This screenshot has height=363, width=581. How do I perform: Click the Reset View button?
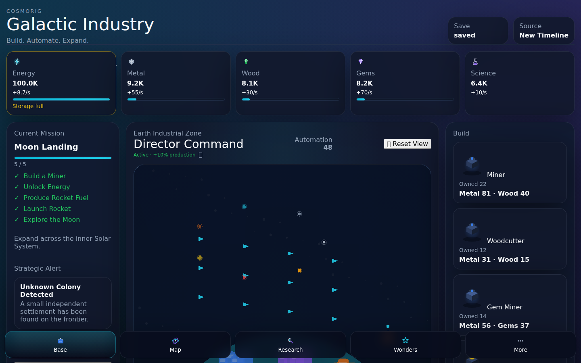(x=407, y=144)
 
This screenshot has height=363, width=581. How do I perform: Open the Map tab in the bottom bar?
(x=176, y=344)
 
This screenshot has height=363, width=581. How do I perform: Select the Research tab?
(x=290, y=344)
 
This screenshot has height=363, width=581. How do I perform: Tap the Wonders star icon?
(x=405, y=340)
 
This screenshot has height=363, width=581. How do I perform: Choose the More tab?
(x=520, y=344)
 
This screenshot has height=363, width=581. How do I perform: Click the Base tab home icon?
(x=61, y=341)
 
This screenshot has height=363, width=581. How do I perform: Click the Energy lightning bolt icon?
(x=17, y=62)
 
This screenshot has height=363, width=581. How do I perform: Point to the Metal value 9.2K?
(x=136, y=83)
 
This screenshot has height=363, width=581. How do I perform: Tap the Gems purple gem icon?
(x=361, y=61)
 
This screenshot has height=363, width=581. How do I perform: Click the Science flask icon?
(x=475, y=62)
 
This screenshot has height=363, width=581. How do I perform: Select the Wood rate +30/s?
(x=249, y=93)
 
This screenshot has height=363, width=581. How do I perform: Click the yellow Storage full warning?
(x=28, y=106)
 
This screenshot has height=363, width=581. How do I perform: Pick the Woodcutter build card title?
(x=506, y=241)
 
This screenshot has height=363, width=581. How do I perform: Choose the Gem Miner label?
(x=504, y=307)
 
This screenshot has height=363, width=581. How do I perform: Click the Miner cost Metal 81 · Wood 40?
(x=494, y=194)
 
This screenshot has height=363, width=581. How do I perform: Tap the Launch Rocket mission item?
(x=47, y=209)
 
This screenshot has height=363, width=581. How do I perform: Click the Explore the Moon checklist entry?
(x=52, y=219)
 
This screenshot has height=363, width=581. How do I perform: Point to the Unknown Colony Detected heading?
(x=50, y=291)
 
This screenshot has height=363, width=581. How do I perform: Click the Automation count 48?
(x=328, y=148)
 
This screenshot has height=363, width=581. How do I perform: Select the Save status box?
(x=478, y=31)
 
